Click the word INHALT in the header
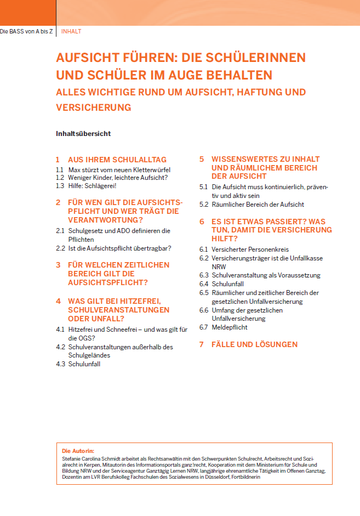tap(71, 31)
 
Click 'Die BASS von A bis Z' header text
tap(26, 31)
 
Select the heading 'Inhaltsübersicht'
tap(83, 133)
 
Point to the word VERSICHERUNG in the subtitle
tap(94, 107)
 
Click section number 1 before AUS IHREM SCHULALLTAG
tap(58, 160)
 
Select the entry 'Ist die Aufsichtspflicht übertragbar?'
tap(119, 248)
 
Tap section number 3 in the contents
tap(58, 265)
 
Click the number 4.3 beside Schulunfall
tap(60, 364)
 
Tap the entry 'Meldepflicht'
tap(230, 327)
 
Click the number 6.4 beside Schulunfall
tap(204, 283)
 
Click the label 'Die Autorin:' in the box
tap(78, 450)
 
